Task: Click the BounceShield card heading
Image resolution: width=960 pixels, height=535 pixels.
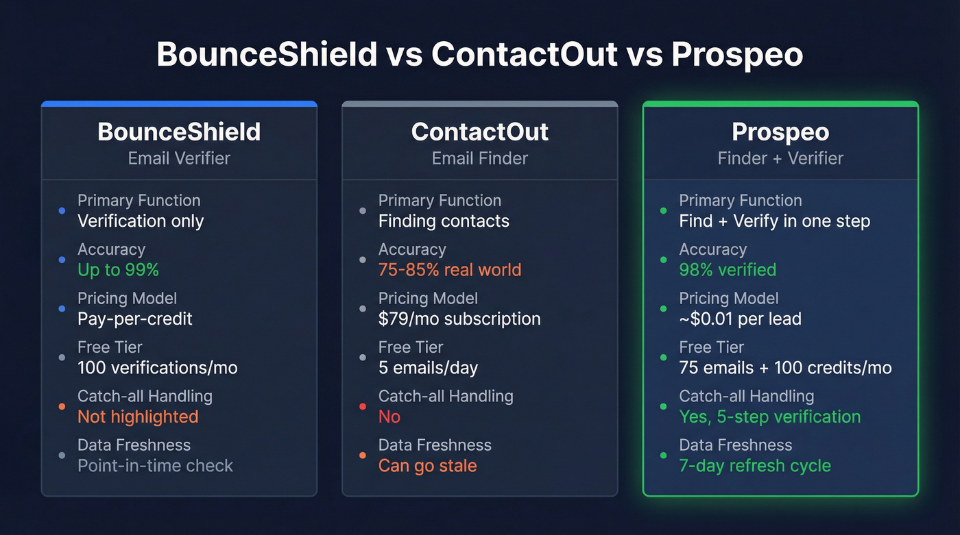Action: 179,132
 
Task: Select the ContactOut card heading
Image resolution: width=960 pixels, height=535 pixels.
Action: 479,132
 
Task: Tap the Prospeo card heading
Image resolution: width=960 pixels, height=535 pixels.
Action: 780,132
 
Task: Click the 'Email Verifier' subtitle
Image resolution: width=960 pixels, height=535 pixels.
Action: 179,158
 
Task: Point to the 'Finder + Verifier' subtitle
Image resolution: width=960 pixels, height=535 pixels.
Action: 780,158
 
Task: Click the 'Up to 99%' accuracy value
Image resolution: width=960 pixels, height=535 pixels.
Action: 118,270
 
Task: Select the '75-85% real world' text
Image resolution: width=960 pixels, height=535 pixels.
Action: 449,270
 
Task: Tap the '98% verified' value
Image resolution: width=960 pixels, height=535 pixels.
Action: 728,270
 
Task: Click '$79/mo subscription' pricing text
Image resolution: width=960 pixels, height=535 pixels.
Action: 459,319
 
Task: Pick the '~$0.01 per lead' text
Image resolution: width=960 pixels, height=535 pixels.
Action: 740,319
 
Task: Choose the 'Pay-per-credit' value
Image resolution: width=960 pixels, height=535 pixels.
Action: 134,319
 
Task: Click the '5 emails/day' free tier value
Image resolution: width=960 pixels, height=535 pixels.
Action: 428,368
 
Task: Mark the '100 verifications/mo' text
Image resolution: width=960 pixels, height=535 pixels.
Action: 157,368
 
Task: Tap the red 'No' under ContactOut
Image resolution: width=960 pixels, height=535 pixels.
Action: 389,416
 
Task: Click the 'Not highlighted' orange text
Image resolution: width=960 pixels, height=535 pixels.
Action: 137,416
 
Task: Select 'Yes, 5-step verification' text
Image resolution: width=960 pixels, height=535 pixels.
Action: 769,416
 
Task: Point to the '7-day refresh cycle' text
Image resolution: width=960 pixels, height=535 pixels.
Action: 754,466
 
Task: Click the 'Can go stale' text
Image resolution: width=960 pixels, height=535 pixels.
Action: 427,466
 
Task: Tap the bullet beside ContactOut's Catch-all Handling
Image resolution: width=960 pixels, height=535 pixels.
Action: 363,406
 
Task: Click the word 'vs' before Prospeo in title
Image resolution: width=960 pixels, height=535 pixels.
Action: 644,55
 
